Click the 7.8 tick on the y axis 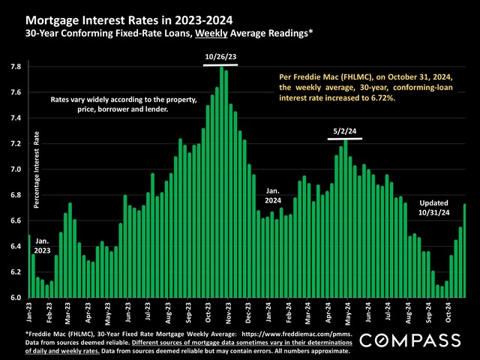(x=14, y=67)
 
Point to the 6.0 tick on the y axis (x=14, y=298)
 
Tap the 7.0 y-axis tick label (x=14, y=169)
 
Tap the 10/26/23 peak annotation (x=220, y=55)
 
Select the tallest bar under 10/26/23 (x=222, y=182)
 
